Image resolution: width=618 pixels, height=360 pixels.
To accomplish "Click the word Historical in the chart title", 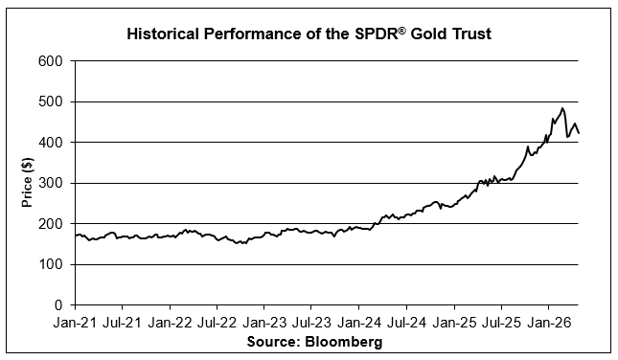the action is tap(163, 34).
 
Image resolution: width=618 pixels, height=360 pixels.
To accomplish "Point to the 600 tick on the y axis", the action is tap(51, 61).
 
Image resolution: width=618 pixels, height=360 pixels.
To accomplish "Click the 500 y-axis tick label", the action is tap(51, 101).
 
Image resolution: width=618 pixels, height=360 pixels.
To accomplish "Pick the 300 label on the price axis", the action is tap(51, 183).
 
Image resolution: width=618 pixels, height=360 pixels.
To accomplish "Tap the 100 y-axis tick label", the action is tap(51, 264).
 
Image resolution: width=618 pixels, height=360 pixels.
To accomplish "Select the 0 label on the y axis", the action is tap(58, 304).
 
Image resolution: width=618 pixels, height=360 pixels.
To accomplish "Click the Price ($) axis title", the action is tap(27, 182).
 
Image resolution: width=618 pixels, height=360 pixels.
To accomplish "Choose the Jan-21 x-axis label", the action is tap(75, 323).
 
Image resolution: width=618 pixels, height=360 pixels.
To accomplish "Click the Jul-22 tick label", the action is tap(217, 323).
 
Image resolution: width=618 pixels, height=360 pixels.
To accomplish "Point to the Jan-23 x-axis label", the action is tap(264, 323).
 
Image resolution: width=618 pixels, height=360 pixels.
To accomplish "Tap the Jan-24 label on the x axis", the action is tap(359, 323).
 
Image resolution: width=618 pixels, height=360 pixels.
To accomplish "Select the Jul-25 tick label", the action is tap(501, 323).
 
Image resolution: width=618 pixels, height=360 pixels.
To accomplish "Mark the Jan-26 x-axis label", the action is tap(549, 323).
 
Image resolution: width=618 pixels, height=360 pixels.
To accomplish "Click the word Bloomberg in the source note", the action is tap(344, 341).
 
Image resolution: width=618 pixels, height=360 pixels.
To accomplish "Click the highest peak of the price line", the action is tap(562, 108).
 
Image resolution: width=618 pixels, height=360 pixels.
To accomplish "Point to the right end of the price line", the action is tap(579, 133).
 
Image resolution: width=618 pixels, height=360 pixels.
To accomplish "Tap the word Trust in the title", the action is tap(471, 34).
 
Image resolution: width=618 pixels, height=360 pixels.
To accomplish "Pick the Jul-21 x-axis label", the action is tap(123, 323).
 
